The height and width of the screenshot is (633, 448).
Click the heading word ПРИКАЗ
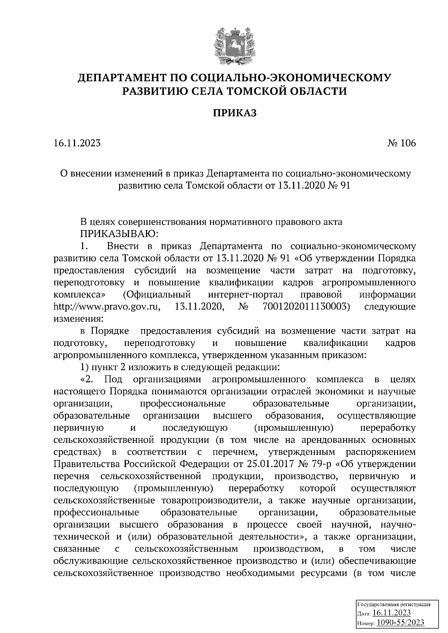click(x=235, y=113)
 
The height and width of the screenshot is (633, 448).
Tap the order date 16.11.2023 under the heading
click(x=77, y=143)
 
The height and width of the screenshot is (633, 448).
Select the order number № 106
click(x=401, y=143)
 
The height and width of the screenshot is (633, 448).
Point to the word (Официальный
click(x=154, y=295)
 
